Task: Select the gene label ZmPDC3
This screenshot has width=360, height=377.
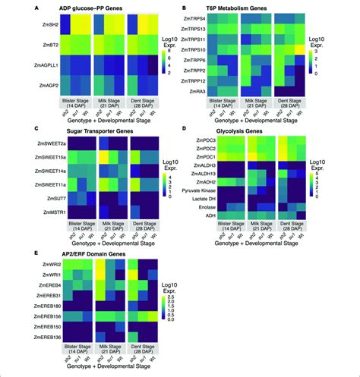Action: pyautogui.click(x=209, y=141)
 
